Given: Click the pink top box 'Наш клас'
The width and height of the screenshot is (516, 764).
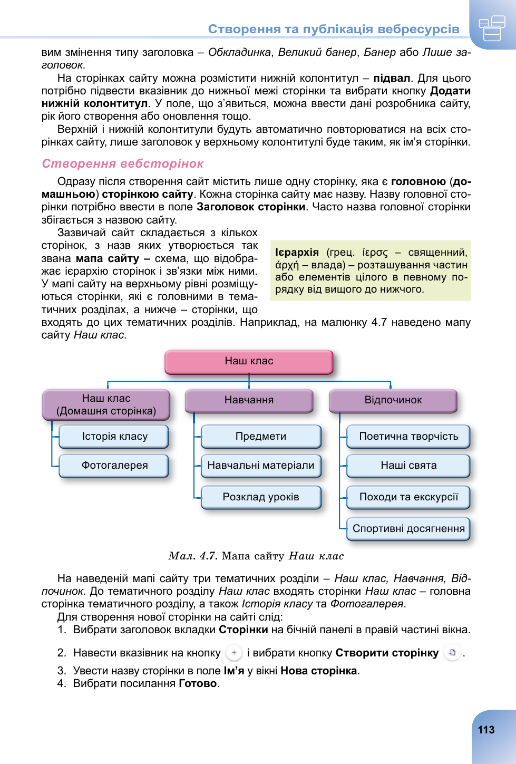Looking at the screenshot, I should pyautogui.click(x=249, y=362).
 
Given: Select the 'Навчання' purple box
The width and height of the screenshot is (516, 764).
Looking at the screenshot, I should pyautogui.click(x=249, y=401).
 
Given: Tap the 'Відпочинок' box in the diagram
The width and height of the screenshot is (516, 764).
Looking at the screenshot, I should pyautogui.click(x=393, y=401).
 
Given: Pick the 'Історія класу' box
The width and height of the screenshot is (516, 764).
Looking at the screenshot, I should pyautogui.click(x=114, y=437).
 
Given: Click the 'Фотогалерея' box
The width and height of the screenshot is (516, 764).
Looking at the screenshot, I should pyautogui.click(x=114, y=466).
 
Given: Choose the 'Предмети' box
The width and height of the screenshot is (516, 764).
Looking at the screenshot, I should pyautogui.click(x=261, y=437).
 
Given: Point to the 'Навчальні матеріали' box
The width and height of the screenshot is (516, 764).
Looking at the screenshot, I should pyautogui.click(x=261, y=466).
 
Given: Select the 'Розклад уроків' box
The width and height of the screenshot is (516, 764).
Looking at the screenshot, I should pyautogui.click(x=261, y=497).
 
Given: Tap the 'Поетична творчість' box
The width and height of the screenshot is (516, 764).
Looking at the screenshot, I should pyautogui.click(x=408, y=437).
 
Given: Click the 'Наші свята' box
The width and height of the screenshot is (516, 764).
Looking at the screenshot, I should pyautogui.click(x=408, y=466).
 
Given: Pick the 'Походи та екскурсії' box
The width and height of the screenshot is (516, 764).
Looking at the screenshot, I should pyautogui.click(x=408, y=497).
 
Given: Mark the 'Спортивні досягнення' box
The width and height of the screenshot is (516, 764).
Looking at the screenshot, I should pyautogui.click(x=408, y=529).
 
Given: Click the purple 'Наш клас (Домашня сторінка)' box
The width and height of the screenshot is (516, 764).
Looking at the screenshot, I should pyautogui.click(x=106, y=405).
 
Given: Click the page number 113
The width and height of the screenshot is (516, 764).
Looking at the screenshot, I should pyautogui.click(x=486, y=730).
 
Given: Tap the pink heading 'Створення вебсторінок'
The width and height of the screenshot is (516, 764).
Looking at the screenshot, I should pyautogui.click(x=123, y=164).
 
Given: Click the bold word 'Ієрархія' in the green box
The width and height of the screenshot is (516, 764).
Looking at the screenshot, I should pyautogui.click(x=297, y=253).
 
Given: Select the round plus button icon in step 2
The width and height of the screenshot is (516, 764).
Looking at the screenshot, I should pyautogui.click(x=234, y=653).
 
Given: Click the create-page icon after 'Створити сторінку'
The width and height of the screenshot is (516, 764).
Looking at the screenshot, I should pyautogui.click(x=452, y=653).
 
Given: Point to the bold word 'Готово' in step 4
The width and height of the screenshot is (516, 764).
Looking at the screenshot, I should pyautogui.click(x=198, y=684).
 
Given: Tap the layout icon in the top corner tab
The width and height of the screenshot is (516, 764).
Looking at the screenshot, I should pyautogui.click(x=492, y=28).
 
